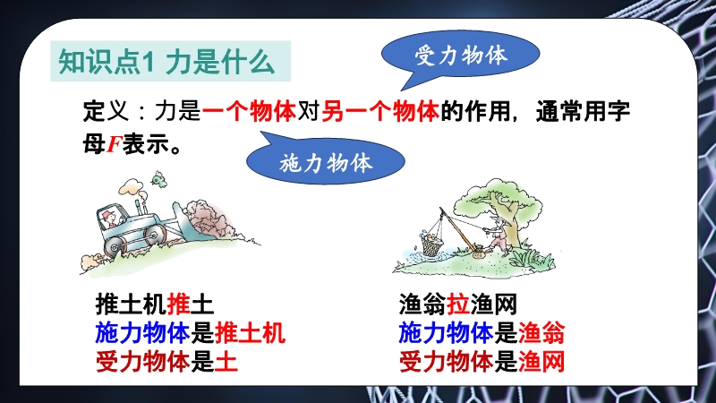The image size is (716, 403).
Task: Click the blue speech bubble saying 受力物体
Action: click(461, 55)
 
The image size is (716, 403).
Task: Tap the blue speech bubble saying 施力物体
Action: click(326, 161)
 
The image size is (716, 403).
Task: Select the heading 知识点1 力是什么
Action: click(167, 62)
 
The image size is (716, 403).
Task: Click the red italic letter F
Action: click(114, 144)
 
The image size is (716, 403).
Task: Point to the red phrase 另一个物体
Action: click(380, 111)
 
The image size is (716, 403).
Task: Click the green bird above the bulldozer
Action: click(158, 179)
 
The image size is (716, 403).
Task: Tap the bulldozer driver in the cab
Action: click(110, 219)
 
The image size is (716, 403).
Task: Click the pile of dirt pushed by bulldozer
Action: click(208, 219)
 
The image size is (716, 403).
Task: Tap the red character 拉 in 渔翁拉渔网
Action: click(458, 304)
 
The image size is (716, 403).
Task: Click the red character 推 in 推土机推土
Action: click(178, 304)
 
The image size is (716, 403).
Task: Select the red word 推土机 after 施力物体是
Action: click(250, 332)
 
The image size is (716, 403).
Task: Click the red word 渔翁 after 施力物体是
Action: click(541, 332)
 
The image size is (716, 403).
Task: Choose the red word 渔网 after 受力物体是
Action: click(541, 362)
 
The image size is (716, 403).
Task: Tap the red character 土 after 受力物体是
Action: click(226, 362)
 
